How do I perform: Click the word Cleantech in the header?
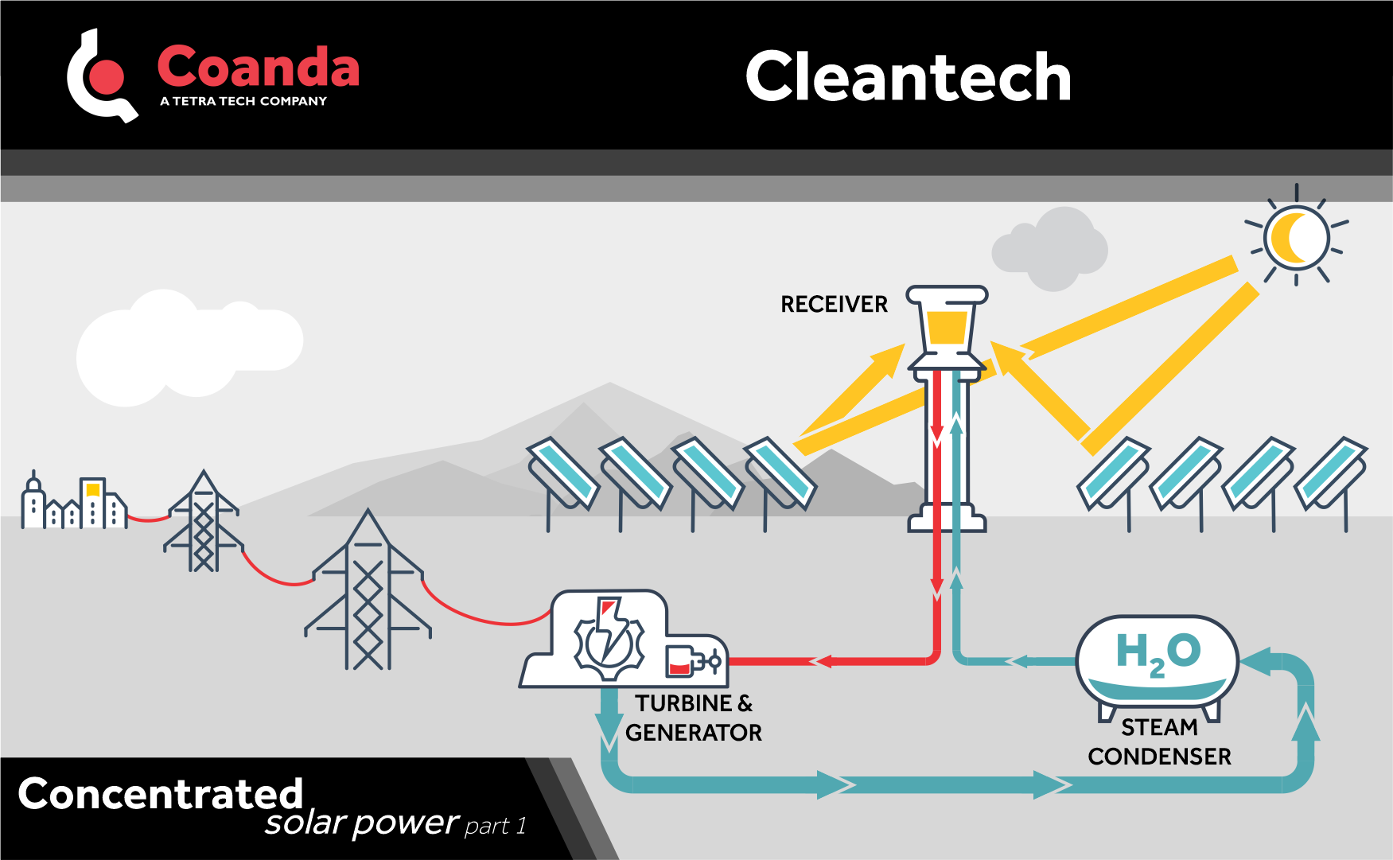coord(908,77)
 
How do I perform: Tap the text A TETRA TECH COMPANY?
coord(243,101)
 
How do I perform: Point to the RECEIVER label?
coord(833,305)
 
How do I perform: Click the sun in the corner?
coord(1297,236)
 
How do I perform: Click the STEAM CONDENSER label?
coord(1159,741)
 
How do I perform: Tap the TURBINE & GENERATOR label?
coord(693,718)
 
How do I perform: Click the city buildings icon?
coord(74,503)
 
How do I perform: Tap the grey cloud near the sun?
coord(1050,249)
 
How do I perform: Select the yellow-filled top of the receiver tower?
coord(947,327)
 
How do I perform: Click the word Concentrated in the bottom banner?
coord(161,793)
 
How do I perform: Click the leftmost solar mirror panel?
coord(563,473)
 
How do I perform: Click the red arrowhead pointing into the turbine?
coord(820,661)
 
